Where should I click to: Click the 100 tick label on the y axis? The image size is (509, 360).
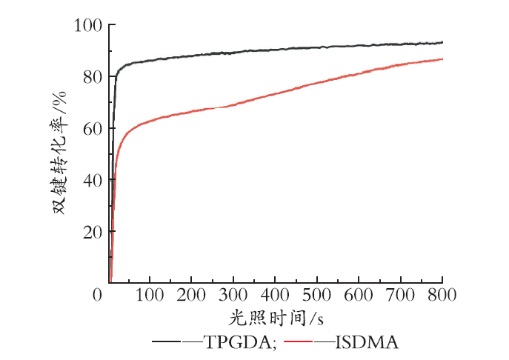click(x=88, y=25)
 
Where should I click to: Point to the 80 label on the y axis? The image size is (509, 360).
click(x=93, y=77)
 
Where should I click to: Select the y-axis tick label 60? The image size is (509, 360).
click(x=93, y=129)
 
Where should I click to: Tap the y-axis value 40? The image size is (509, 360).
click(x=93, y=180)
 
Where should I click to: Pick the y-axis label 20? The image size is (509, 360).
click(x=93, y=232)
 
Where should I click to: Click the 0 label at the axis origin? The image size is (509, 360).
click(x=97, y=295)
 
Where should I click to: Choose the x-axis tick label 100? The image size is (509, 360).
click(x=150, y=295)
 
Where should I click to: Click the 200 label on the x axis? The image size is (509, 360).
click(x=191, y=295)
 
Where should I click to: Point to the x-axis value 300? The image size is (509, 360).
click(x=233, y=295)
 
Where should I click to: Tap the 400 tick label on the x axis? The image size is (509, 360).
click(x=275, y=295)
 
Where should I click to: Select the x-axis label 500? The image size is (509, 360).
click(x=317, y=295)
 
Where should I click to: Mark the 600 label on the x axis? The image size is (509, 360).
click(x=359, y=295)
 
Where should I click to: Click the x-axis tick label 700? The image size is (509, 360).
click(x=401, y=295)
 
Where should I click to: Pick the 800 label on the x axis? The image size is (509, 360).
click(x=442, y=295)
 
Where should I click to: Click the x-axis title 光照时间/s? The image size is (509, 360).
click(x=276, y=318)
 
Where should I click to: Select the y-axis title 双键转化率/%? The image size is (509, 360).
click(x=60, y=153)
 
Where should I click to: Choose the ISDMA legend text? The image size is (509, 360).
click(x=367, y=342)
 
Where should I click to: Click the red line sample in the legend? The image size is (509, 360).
click(x=298, y=341)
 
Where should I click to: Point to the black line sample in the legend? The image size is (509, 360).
click(x=166, y=341)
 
